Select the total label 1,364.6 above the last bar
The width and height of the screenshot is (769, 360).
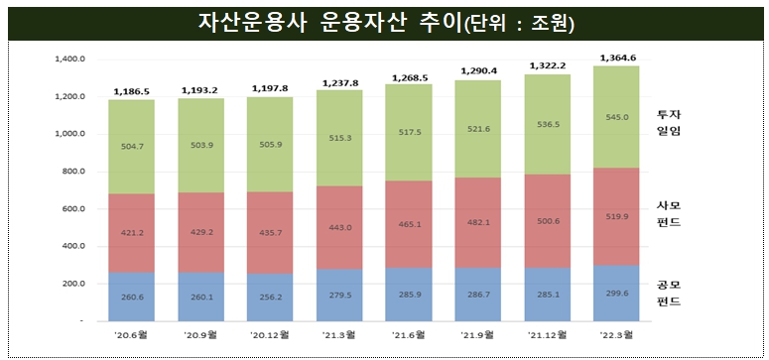618,57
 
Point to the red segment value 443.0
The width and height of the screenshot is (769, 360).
341,227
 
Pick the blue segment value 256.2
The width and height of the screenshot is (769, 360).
272,296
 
